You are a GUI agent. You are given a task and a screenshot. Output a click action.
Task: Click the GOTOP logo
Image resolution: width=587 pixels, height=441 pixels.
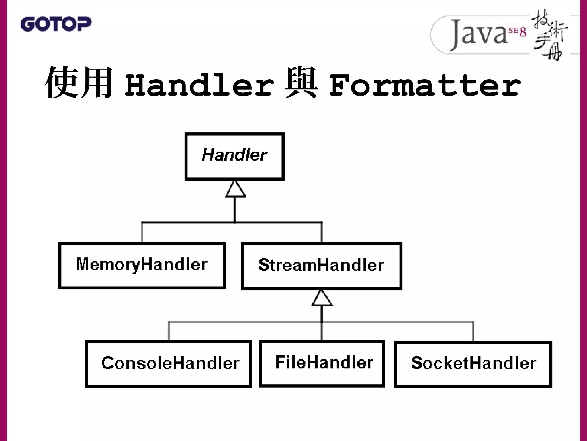pyautogui.click(x=56, y=24)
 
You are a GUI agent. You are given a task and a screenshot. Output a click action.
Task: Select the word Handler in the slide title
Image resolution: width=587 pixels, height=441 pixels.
pyautogui.click(x=199, y=85)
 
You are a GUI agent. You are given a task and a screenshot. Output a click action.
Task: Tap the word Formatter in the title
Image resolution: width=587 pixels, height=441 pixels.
pyautogui.click(x=424, y=85)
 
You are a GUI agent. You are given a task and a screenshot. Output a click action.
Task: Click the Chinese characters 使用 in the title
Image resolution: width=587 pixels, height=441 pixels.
pyautogui.click(x=79, y=82)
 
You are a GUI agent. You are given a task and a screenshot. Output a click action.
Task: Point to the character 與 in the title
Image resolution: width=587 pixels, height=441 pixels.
pyautogui.click(x=301, y=82)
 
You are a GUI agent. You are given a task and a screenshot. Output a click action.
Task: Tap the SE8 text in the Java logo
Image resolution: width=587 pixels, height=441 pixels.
pyautogui.click(x=517, y=32)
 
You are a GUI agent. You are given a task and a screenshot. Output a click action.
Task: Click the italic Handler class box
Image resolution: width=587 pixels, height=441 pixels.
pyautogui.click(x=234, y=156)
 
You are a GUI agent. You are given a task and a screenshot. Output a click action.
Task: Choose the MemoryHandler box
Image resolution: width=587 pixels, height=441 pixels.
pyautogui.click(x=142, y=265)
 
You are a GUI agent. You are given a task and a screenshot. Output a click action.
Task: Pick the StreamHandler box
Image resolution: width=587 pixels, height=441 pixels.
pyautogui.click(x=322, y=266)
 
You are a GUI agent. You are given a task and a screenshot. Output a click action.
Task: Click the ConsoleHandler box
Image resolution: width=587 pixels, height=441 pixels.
pyautogui.click(x=169, y=364)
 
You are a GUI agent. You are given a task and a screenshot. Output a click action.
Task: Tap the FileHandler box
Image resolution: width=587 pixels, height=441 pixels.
pyautogui.click(x=322, y=363)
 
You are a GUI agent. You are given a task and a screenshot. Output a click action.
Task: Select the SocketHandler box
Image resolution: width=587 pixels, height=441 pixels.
pyautogui.click(x=473, y=364)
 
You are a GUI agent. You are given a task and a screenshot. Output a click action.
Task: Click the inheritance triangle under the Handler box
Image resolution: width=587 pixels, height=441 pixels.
pyautogui.click(x=235, y=189)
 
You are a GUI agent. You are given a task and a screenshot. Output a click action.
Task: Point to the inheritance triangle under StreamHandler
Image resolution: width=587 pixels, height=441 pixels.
pyautogui.click(x=322, y=299)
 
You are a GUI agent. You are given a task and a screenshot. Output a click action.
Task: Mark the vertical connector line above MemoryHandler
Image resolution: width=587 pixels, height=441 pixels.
pyautogui.click(x=142, y=233)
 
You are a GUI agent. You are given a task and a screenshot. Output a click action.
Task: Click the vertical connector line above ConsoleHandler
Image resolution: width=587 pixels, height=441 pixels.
pyautogui.click(x=169, y=331)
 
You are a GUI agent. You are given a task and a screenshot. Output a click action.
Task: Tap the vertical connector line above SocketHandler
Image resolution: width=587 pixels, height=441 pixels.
pyautogui.click(x=473, y=331)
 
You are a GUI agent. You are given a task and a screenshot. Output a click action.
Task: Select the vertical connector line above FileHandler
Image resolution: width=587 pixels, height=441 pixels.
pyautogui.click(x=322, y=332)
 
